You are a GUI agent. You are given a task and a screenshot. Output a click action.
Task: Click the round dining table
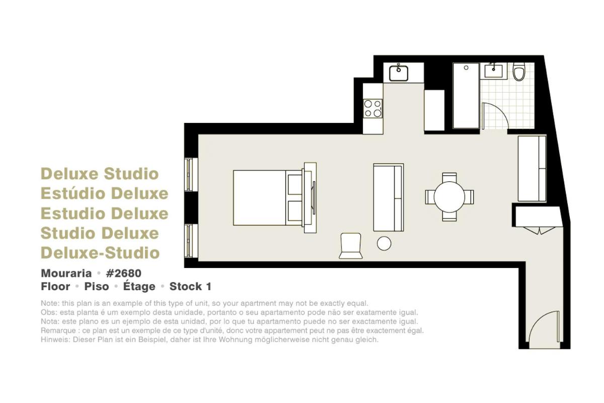[449, 197]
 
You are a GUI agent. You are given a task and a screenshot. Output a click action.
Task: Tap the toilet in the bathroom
[519, 72]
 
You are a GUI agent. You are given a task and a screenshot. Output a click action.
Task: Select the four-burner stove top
[372, 108]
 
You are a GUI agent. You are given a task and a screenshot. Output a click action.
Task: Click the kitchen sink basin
[399, 73]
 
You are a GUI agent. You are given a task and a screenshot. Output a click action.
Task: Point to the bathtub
[466, 96]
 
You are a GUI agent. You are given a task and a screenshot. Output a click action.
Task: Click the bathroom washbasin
[493, 71]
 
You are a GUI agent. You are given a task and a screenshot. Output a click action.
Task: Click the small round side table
[384, 243]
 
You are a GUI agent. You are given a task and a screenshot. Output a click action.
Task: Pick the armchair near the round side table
[350, 246]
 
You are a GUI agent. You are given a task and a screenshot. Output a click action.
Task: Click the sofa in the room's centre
[388, 197]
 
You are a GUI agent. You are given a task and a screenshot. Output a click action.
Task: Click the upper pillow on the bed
[295, 185]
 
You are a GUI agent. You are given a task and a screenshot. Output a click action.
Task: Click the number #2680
[123, 274]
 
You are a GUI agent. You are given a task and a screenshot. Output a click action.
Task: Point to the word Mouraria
[66, 274]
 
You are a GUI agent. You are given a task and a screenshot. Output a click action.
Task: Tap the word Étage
[139, 286]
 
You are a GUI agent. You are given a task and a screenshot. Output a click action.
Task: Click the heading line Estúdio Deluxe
[105, 193]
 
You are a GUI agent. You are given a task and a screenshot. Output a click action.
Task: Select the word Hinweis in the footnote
[55, 340]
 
